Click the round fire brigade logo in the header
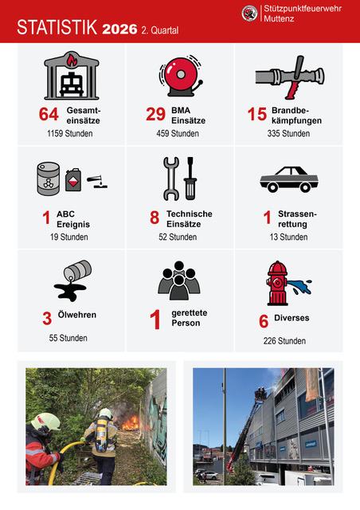[250, 14]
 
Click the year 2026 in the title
[119, 29]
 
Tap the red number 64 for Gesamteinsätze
[49, 114]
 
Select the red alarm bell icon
[181, 76]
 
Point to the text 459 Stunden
[178, 133]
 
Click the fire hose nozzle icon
[290, 77]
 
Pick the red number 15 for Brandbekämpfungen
[257, 114]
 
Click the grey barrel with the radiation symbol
[48, 178]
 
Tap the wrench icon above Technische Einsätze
[171, 178]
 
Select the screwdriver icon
[190, 178]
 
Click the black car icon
[289, 179]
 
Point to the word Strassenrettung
[297, 219]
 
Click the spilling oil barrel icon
[72, 280]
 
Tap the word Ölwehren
[77, 315]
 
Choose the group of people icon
[179, 280]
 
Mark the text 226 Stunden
[284, 341]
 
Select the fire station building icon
[72, 76]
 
